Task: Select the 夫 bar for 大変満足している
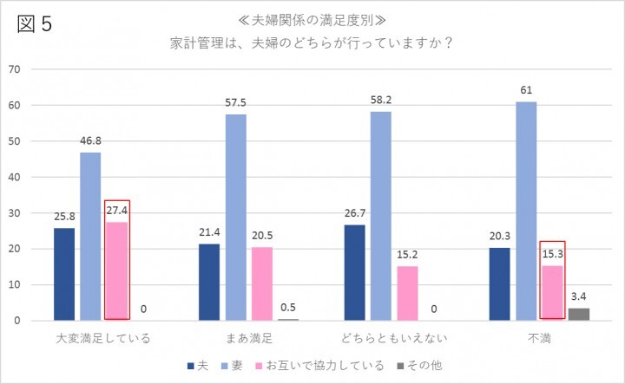64,274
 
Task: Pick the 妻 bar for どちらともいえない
381,216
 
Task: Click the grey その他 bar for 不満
579,315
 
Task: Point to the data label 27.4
117,211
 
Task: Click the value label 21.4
209,233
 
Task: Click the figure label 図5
35,23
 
